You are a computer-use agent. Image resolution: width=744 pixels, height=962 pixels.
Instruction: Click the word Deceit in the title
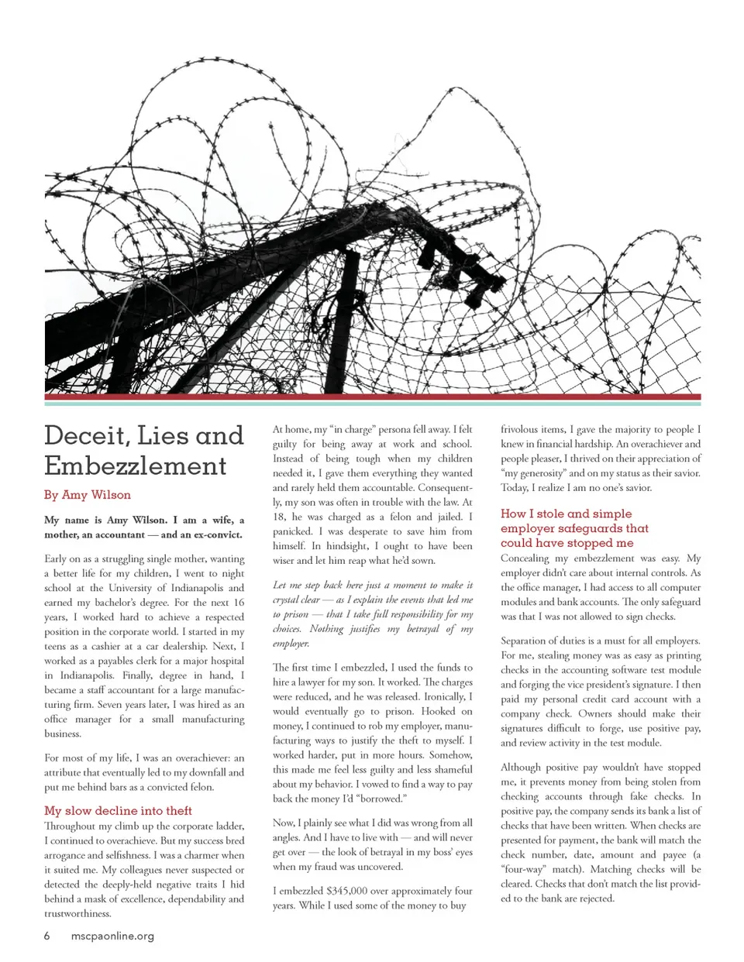pyautogui.click(x=85, y=436)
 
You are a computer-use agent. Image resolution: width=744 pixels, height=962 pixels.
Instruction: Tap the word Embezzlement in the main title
pyautogui.click(x=135, y=466)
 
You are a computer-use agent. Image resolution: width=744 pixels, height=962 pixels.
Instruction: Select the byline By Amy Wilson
pyautogui.click(x=87, y=495)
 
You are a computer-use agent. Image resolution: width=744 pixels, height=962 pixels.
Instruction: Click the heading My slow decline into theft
pyautogui.click(x=118, y=810)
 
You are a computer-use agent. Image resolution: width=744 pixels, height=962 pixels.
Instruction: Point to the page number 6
pyautogui.click(x=47, y=936)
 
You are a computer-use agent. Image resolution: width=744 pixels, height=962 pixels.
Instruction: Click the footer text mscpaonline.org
pyautogui.click(x=112, y=936)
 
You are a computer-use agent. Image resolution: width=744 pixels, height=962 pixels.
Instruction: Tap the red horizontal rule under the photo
pyautogui.click(x=372, y=397)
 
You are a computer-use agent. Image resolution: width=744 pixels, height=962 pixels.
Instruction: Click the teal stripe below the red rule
pyautogui.click(x=372, y=404)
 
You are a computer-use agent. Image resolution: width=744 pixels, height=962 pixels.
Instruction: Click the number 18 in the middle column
pyautogui.click(x=279, y=517)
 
